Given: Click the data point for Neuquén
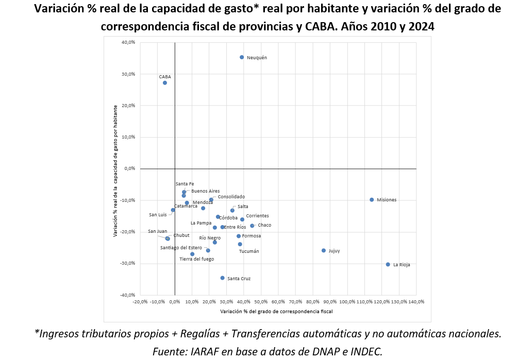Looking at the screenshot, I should point(242,57).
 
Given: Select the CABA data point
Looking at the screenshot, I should point(165,83).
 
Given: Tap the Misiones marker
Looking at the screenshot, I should point(372,200).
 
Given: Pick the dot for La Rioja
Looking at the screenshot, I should point(388,265).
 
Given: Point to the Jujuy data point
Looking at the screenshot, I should point(324,251).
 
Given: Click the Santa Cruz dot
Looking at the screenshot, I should point(223,278).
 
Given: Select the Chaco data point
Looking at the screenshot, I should point(252,226).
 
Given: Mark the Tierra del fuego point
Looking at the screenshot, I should point(192,254).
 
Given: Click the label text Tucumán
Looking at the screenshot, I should point(249,252).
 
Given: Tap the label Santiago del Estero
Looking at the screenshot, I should point(181,248).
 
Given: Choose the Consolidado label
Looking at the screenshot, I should point(231,197).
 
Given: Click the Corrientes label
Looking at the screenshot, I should point(257,216).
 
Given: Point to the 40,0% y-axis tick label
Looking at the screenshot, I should point(128,42).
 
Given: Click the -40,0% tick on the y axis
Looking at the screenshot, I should point(127,295).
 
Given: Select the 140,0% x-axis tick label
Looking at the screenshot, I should point(416,302).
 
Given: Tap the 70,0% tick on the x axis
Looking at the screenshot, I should point(296,302).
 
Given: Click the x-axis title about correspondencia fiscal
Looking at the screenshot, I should point(276,312).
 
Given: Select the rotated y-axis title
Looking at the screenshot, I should point(116,170).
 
